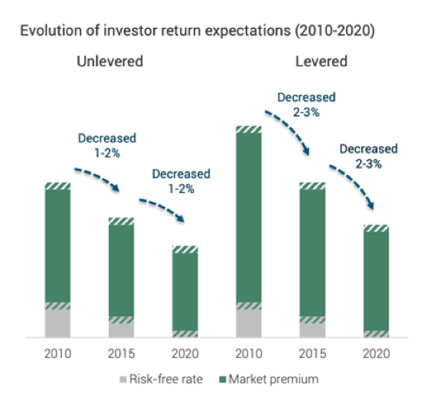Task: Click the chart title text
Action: (x=197, y=31)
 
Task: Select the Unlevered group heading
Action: (x=110, y=61)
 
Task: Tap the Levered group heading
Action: (x=321, y=61)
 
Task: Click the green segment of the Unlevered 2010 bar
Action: (x=58, y=246)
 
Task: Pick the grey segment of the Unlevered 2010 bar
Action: (x=58, y=323)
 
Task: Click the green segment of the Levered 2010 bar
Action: (x=249, y=217)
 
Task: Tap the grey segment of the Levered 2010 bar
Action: (x=249, y=323)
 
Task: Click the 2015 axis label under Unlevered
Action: (x=121, y=353)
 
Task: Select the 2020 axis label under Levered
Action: (x=376, y=353)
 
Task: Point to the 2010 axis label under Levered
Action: (x=249, y=353)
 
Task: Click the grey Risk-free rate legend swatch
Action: (x=123, y=379)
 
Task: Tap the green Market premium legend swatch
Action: (x=223, y=379)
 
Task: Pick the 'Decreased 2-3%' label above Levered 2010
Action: (x=306, y=105)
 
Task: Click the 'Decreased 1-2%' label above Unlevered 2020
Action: (x=181, y=181)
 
